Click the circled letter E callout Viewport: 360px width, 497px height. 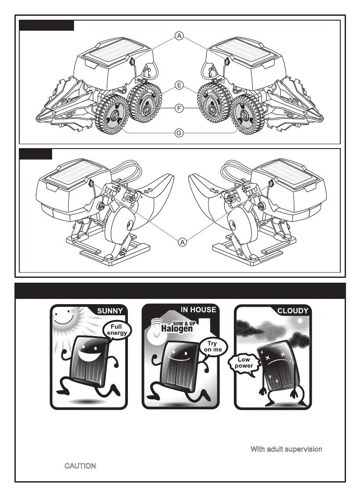click(180, 85)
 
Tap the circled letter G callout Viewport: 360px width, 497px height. click(180, 133)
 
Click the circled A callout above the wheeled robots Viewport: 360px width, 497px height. click(180, 37)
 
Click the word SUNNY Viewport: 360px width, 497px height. click(111, 311)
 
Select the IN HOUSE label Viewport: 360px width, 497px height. click(198, 310)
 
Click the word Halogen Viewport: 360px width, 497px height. click(176, 329)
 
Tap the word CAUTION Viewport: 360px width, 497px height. click(80, 466)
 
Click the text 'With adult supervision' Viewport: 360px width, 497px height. click(286, 449)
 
